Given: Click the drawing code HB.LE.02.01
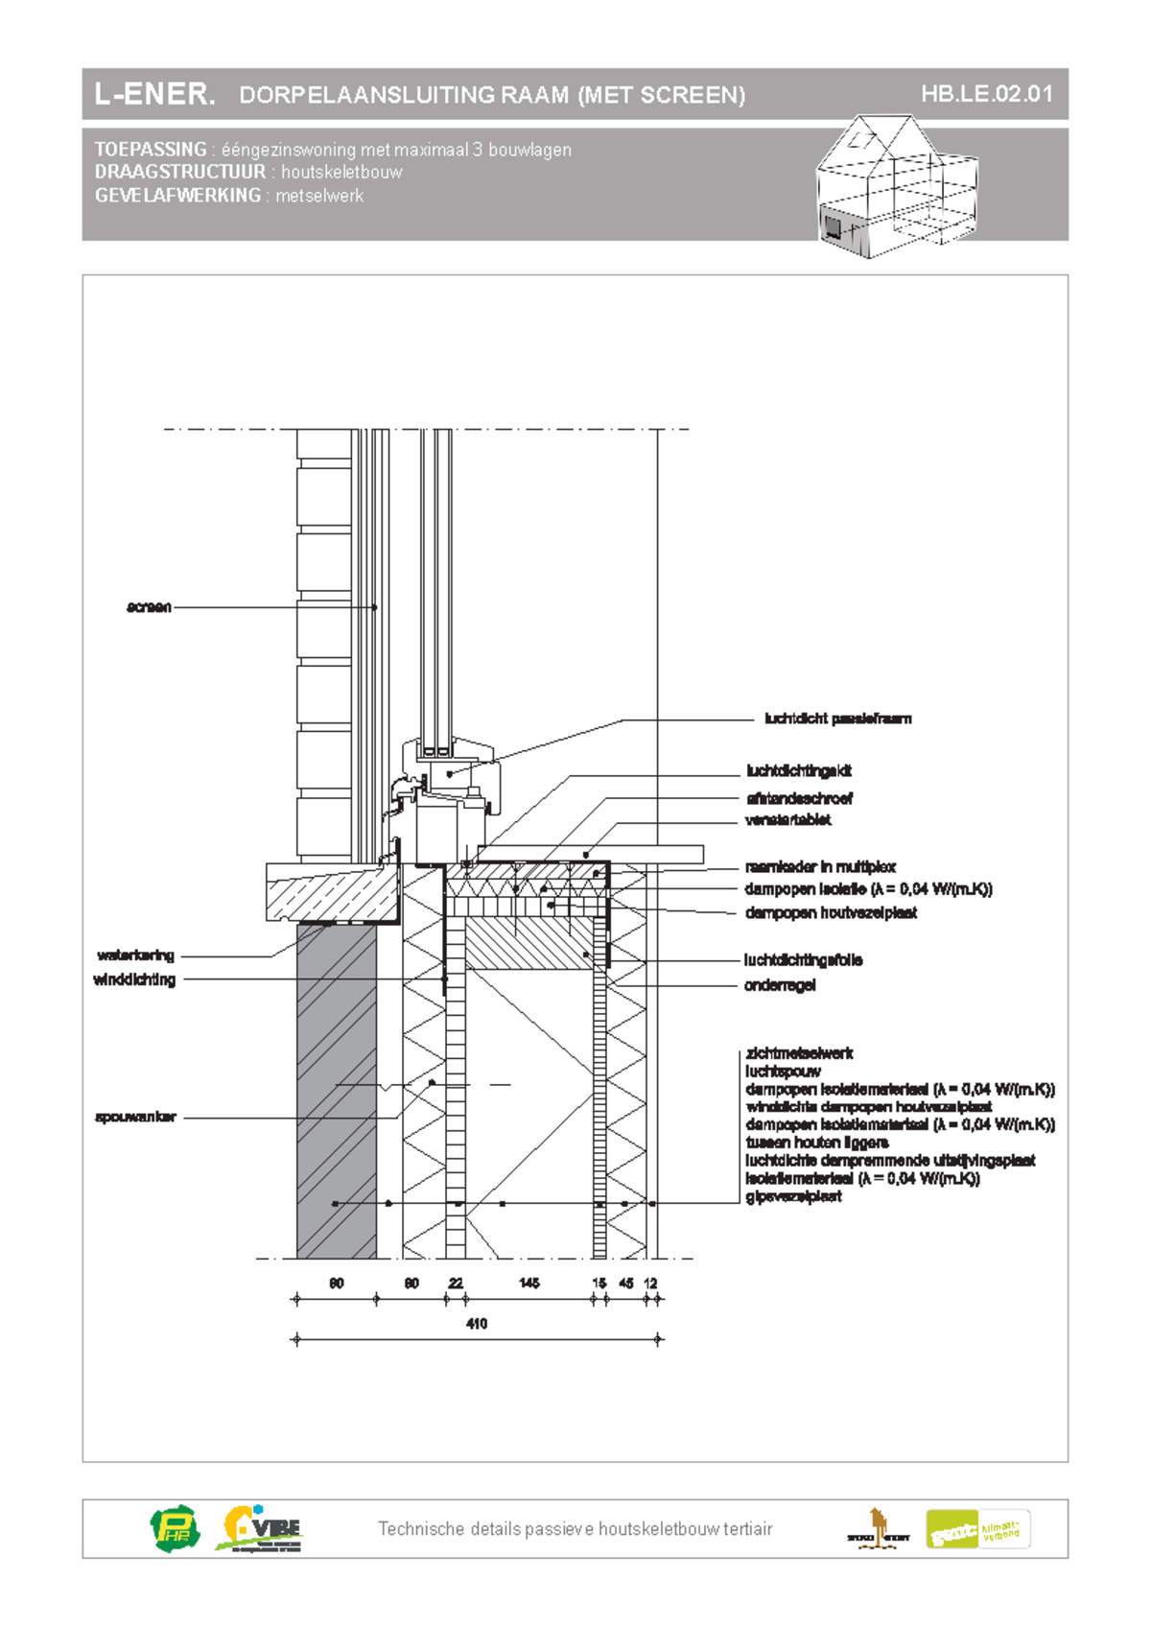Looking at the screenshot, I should [986, 94].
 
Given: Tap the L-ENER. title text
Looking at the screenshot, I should [154, 94].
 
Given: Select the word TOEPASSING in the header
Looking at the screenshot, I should [151, 150].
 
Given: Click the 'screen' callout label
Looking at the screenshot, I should [149, 607].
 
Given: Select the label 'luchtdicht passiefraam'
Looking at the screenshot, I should [837, 719].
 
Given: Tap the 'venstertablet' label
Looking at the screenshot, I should [787, 820].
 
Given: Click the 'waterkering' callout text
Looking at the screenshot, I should [135, 955].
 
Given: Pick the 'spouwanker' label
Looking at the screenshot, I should [135, 1118].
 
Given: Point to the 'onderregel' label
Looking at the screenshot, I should [780, 985].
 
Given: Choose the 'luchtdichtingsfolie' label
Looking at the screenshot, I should [803, 960].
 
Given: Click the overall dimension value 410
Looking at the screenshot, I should [477, 1324].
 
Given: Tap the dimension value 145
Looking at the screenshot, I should [529, 1283].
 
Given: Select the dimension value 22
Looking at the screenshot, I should [456, 1283].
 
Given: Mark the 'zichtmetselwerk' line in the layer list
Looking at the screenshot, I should [799, 1053].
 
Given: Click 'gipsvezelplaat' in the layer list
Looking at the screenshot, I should [793, 1196].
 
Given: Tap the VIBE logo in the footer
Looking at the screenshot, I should [261, 1528].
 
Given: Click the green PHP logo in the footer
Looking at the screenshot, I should [176, 1528].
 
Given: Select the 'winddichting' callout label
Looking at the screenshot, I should [134, 979].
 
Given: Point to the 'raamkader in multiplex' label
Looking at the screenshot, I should [820, 867].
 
